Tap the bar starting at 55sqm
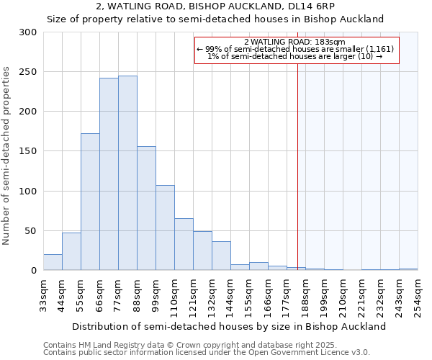[90, 202]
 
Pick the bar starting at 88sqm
[146, 208]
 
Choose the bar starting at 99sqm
[165, 228]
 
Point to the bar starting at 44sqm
[71, 251]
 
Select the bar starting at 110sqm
[184, 244]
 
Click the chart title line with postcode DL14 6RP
[215, 6]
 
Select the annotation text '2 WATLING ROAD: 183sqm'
[295, 42]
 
